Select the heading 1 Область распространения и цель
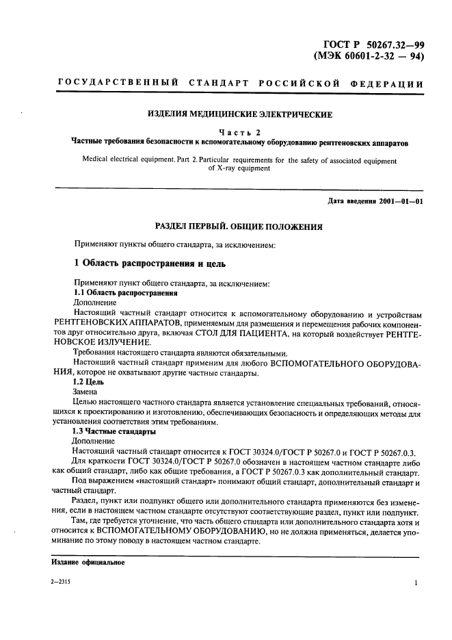(149, 263)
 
